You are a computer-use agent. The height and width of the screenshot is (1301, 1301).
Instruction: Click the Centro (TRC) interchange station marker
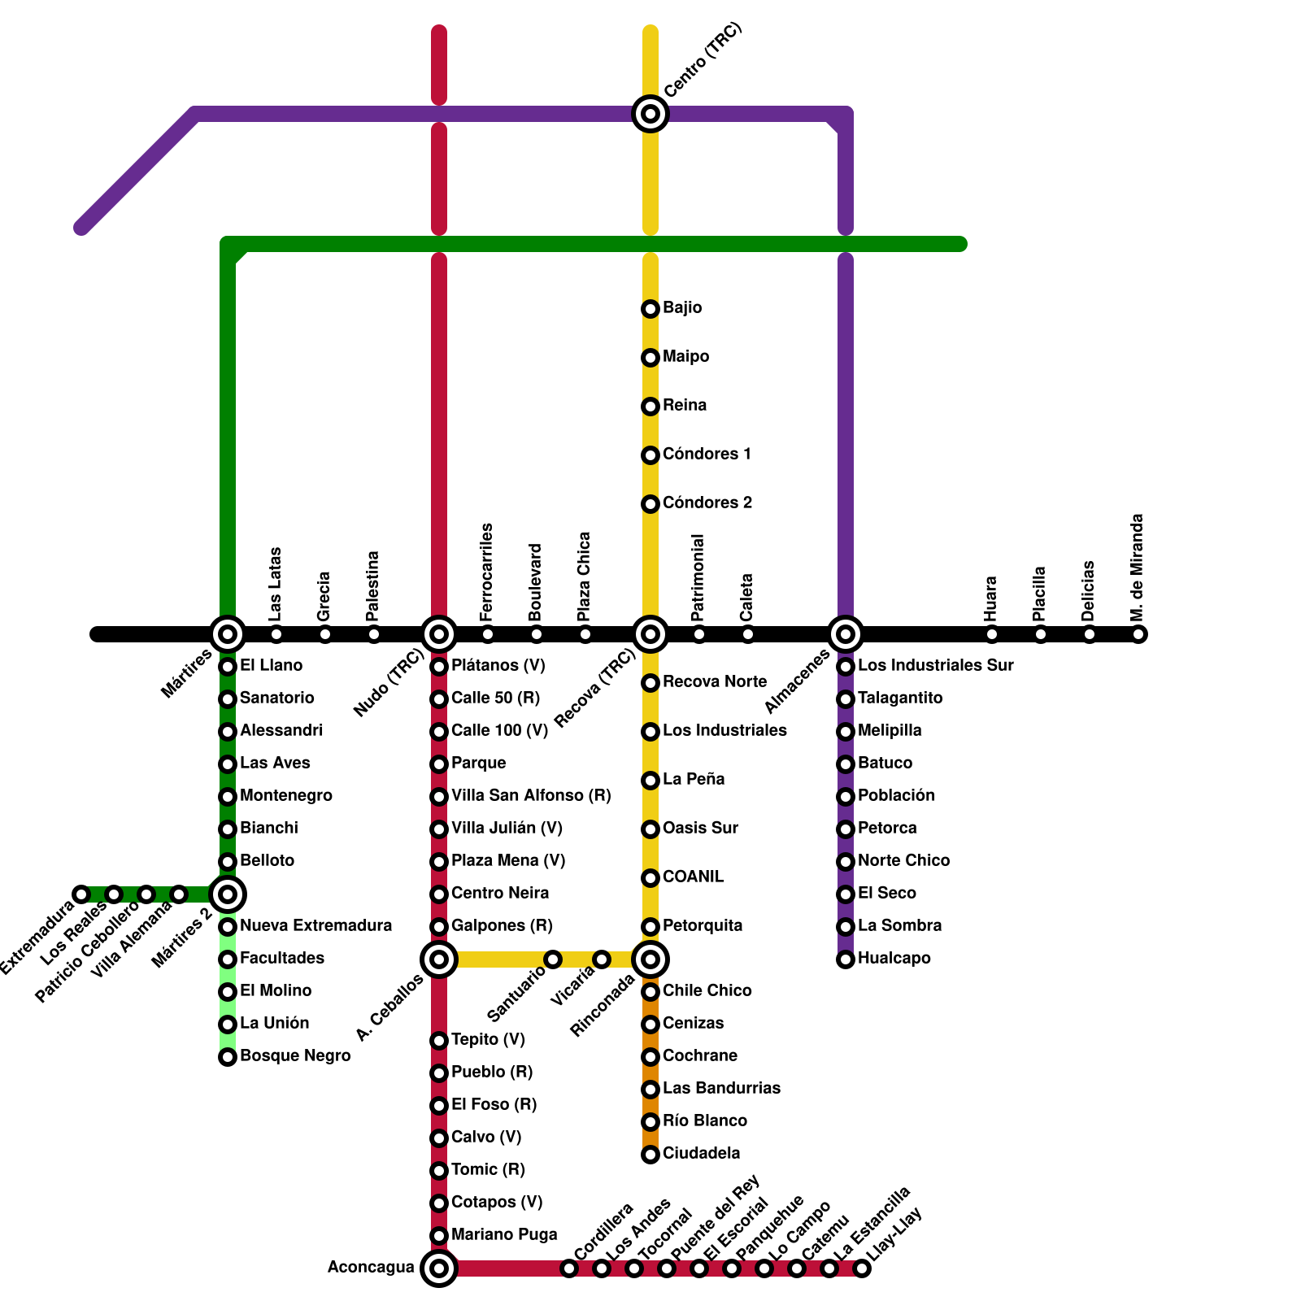(650, 114)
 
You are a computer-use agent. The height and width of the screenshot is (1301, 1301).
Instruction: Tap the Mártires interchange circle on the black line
(228, 634)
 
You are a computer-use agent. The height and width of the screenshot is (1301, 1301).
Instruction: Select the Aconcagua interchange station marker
(439, 1268)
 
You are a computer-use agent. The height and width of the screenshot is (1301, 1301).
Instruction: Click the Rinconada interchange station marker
(650, 959)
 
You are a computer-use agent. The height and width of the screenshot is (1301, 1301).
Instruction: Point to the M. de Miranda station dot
(1138, 634)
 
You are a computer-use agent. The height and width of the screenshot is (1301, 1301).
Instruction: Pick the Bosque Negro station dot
(228, 1057)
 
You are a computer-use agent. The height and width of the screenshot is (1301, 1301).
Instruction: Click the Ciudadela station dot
(650, 1155)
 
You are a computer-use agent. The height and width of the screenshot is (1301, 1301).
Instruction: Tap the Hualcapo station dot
(846, 959)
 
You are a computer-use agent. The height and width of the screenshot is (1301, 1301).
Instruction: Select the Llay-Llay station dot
(862, 1268)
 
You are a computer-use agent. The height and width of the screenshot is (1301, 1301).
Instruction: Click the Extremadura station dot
(81, 894)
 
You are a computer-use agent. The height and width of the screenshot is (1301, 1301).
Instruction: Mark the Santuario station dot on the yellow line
(553, 959)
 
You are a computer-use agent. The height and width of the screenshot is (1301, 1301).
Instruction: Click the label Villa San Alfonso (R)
(531, 795)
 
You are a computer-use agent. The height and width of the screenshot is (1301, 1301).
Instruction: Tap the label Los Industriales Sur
(935, 665)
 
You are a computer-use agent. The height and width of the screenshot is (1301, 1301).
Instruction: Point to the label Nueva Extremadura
(315, 925)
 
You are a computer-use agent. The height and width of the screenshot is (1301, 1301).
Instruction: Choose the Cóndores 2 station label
(707, 503)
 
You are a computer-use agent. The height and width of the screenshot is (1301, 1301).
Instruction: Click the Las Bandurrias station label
(721, 1088)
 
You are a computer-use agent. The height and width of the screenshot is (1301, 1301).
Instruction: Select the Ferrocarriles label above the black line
(487, 573)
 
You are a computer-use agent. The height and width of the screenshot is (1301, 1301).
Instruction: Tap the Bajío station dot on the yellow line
(650, 309)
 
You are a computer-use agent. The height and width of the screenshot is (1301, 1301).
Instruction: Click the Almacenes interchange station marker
(846, 634)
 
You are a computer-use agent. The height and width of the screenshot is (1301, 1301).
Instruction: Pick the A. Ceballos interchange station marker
(439, 959)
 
